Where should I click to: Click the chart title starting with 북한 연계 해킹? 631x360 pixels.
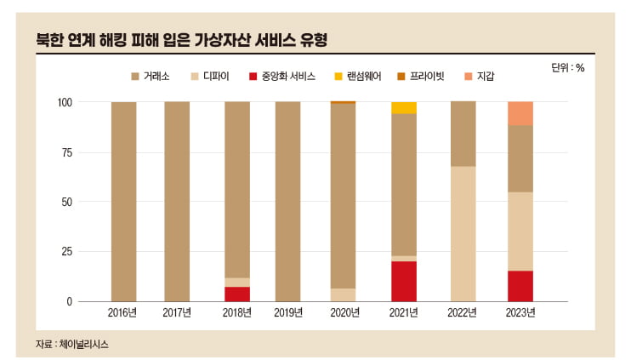pyautogui.click(x=182, y=40)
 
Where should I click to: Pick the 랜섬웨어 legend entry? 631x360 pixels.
pyautogui.click(x=362, y=77)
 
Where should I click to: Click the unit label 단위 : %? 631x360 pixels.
pyautogui.click(x=568, y=68)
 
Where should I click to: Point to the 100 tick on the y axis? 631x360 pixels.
pyautogui.click(x=65, y=102)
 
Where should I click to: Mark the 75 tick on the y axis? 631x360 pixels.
pyautogui.click(x=68, y=152)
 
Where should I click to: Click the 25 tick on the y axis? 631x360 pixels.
pyautogui.click(x=68, y=252)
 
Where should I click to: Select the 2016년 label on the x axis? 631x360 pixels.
pyautogui.click(x=123, y=313)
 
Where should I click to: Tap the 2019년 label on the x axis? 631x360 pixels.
pyautogui.click(x=288, y=313)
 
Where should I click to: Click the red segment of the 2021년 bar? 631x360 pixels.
pyautogui.click(x=404, y=281)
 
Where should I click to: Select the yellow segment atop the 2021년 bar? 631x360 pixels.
pyautogui.click(x=404, y=107)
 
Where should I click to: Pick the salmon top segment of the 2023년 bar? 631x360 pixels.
pyautogui.click(x=520, y=113)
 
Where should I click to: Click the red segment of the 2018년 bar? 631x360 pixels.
pyautogui.click(x=237, y=294)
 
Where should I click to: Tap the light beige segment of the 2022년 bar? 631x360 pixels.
pyautogui.click(x=462, y=233)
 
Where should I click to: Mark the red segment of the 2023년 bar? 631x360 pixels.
pyautogui.click(x=520, y=286)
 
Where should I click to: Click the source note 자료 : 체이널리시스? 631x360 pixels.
pyautogui.click(x=72, y=344)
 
